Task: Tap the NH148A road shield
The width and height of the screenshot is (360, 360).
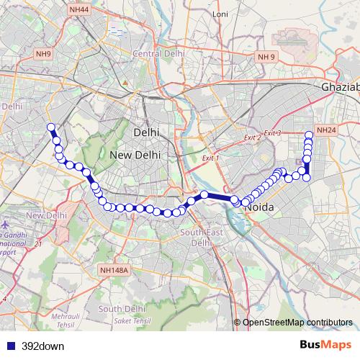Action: pyautogui.click(x=114, y=270)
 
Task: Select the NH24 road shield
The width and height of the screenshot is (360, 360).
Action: pyautogui.click(x=325, y=130)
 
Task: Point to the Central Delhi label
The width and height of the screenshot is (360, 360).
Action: pyautogui.click(x=155, y=53)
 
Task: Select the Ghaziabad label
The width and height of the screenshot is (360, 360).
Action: pyautogui.click(x=340, y=86)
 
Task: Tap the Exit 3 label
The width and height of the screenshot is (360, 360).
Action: pyautogui.click(x=272, y=133)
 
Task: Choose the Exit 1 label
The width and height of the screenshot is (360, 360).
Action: pyautogui.click(x=210, y=158)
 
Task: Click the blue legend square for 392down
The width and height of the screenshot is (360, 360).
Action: pyautogui.click(x=9, y=346)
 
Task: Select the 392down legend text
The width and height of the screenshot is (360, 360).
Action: pyautogui.click(x=43, y=346)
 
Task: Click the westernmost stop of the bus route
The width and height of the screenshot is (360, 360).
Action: pyautogui.click(x=51, y=127)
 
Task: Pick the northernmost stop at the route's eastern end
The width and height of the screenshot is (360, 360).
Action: pyautogui.click(x=309, y=134)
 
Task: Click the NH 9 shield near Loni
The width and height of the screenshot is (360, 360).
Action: pyautogui.click(x=267, y=56)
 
